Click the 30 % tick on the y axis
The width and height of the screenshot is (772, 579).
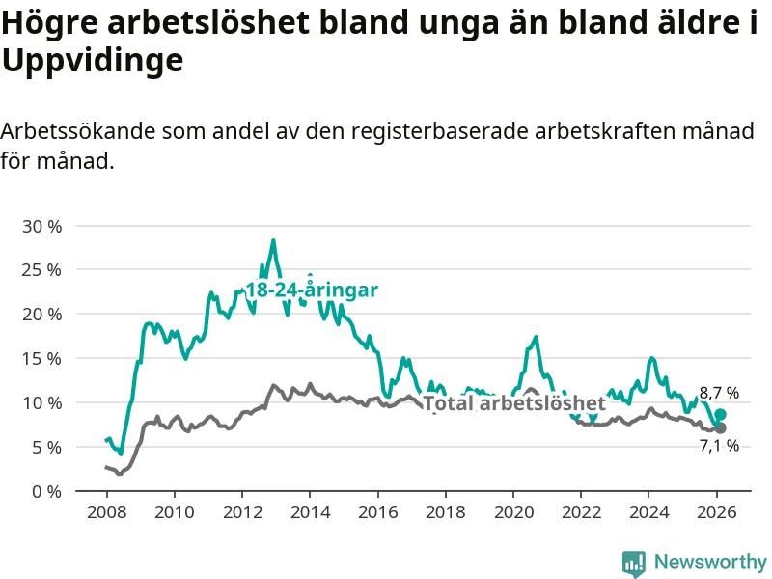tap(41, 226)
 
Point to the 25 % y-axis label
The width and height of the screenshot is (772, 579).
tap(41, 270)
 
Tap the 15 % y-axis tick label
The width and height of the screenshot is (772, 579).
tap(41, 358)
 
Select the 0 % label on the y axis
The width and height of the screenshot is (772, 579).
tap(45, 491)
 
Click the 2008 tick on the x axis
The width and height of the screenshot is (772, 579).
tap(105, 510)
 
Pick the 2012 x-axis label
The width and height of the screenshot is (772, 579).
tap(241, 510)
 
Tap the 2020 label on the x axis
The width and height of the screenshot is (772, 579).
tap(513, 510)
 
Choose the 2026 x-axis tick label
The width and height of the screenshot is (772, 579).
tap(717, 510)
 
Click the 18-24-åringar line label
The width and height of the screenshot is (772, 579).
tap(311, 289)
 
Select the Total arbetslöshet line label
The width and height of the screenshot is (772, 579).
tap(514, 402)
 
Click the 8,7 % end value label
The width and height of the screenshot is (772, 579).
tap(719, 393)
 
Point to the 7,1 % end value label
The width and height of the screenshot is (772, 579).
tap(719, 445)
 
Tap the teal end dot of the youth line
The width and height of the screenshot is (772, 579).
tap(720, 414)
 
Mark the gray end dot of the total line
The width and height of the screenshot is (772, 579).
tap(720, 427)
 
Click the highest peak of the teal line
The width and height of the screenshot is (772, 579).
tap(273, 240)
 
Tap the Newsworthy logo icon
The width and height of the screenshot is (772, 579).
tap(634, 563)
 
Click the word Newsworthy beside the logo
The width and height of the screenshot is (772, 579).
tap(710, 563)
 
